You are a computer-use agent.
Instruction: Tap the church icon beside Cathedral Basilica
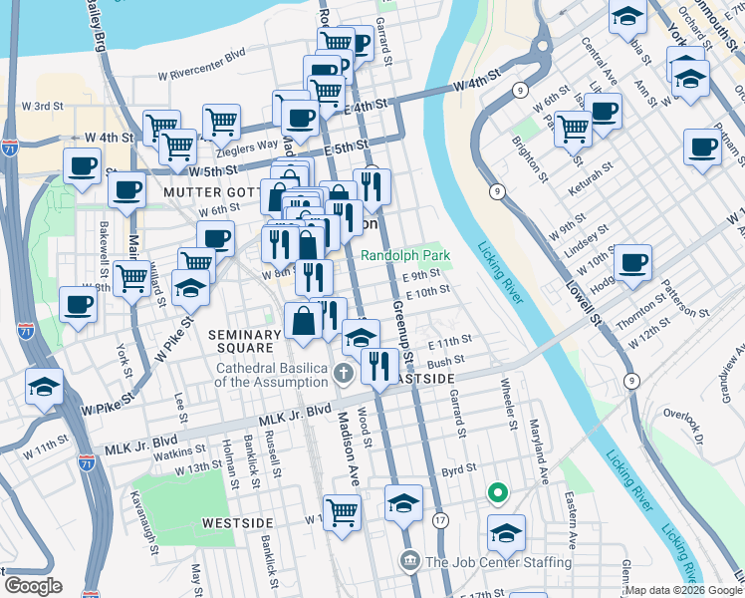pos(343,375)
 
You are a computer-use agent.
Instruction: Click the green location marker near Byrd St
pos(496,493)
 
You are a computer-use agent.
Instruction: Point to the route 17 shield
pos(440,519)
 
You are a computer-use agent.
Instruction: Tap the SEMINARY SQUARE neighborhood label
pos(241,341)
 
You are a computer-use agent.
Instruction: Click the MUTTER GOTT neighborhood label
pos(208,191)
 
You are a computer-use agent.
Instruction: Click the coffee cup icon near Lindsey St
pos(631,263)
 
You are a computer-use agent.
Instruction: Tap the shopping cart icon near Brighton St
pos(573,127)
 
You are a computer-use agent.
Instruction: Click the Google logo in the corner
pos(33,586)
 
